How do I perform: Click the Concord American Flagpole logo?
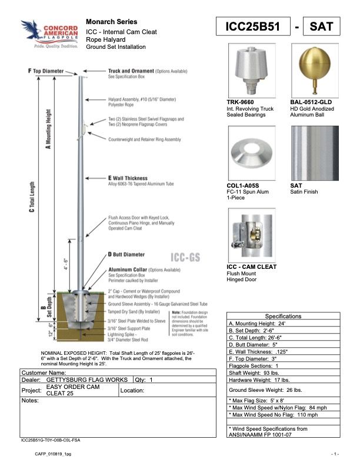49,34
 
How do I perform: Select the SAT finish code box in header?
321,27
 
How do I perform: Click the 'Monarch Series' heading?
112,21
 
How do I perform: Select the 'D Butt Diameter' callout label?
127,255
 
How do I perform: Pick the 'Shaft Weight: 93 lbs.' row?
254,373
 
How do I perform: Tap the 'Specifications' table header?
283,316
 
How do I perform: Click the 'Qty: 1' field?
144,380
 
